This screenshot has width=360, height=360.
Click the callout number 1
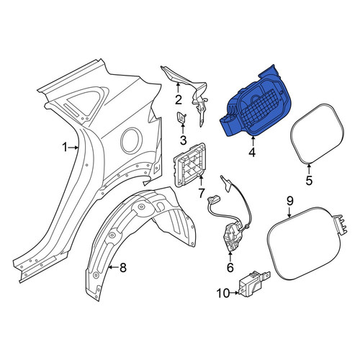click(65, 148)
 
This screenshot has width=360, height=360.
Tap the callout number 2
click(178, 100)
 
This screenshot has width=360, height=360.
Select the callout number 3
click(183, 140)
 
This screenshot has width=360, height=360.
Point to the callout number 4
click(252, 153)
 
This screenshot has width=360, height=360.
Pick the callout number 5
click(309, 180)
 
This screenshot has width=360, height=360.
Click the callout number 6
click(230, 267)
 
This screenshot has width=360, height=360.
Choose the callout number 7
click(201, 193)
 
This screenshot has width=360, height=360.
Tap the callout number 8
click(123, 267)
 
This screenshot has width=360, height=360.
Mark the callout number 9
click(289, 201)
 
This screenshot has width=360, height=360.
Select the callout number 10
click(223, 293)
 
